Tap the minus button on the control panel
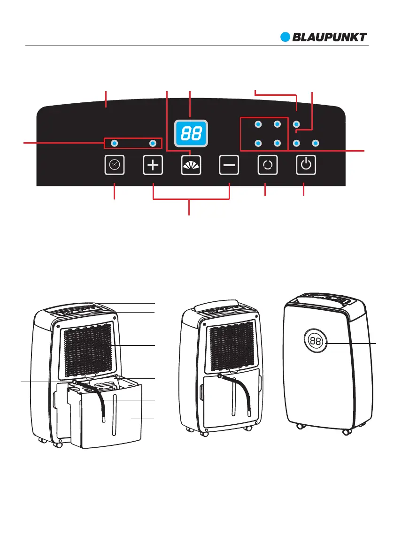[229, 165]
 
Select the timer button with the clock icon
[114, 165]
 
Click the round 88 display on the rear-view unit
[316, 341]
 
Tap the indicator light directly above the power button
[296, 142]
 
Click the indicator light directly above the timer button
[114, 142]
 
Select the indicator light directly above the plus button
[153, 142]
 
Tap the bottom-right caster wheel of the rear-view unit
[347, 431]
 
